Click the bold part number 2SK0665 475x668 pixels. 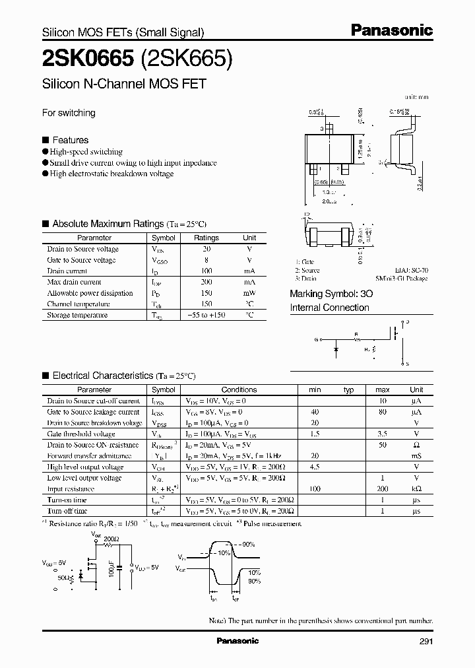click(80, 59)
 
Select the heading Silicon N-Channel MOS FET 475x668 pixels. click(124, 84)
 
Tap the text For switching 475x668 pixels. click(69, 113)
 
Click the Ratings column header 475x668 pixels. click(206, 238)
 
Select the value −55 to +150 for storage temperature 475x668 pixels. click(206, 316)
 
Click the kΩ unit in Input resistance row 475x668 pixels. click(416, 489)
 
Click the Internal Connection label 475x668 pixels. click(330, 308)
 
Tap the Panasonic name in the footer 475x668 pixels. click(237, 641)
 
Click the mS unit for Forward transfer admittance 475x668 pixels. click(416, 456)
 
